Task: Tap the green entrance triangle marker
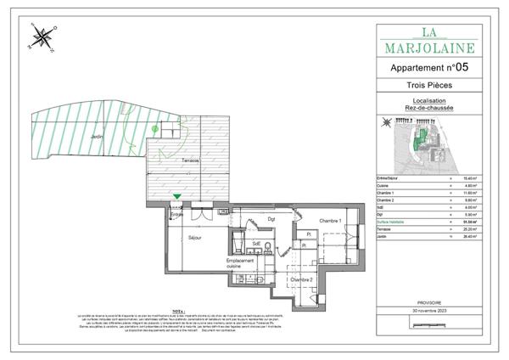tap(176, 198)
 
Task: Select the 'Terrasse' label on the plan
tap(189, 160)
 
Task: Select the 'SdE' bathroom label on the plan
tap(255, 243)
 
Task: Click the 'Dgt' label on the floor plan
tap(271, 219)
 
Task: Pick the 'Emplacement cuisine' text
tap(241, 264)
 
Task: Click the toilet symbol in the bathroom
tap(266, 247)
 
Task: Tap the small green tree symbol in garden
tap(154, 128)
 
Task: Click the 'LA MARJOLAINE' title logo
tap(428, 41)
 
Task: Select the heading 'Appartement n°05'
tap(428, 66)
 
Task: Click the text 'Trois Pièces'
tap(428, 87)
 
